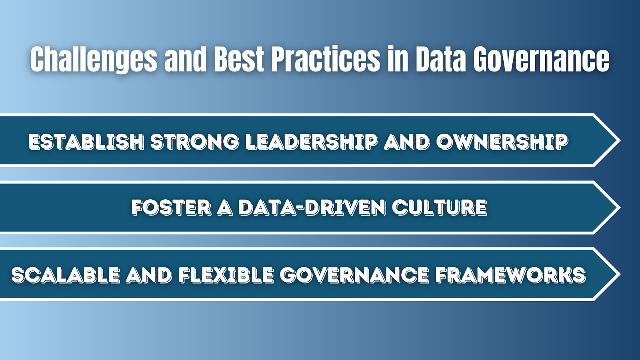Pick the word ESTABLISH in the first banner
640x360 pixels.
tap(86, 142)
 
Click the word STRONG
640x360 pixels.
tap(194, 142)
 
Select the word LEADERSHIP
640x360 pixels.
tap(312, 142)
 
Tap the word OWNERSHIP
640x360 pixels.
tap(502, 142)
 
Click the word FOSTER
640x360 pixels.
tap(171, 208)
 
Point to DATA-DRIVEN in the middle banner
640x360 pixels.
tap(312, 208)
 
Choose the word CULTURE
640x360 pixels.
tap(440, 208)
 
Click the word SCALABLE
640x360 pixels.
tap(66, 275)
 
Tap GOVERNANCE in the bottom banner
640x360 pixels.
tap(354, 275)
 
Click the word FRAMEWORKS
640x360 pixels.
tap(510, 275)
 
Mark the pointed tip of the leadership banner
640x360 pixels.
tap(620, 140)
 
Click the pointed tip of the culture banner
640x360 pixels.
tap(620, 208)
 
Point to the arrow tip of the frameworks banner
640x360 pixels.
tap(620, 274)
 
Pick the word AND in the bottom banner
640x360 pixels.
tap(149, 275)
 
